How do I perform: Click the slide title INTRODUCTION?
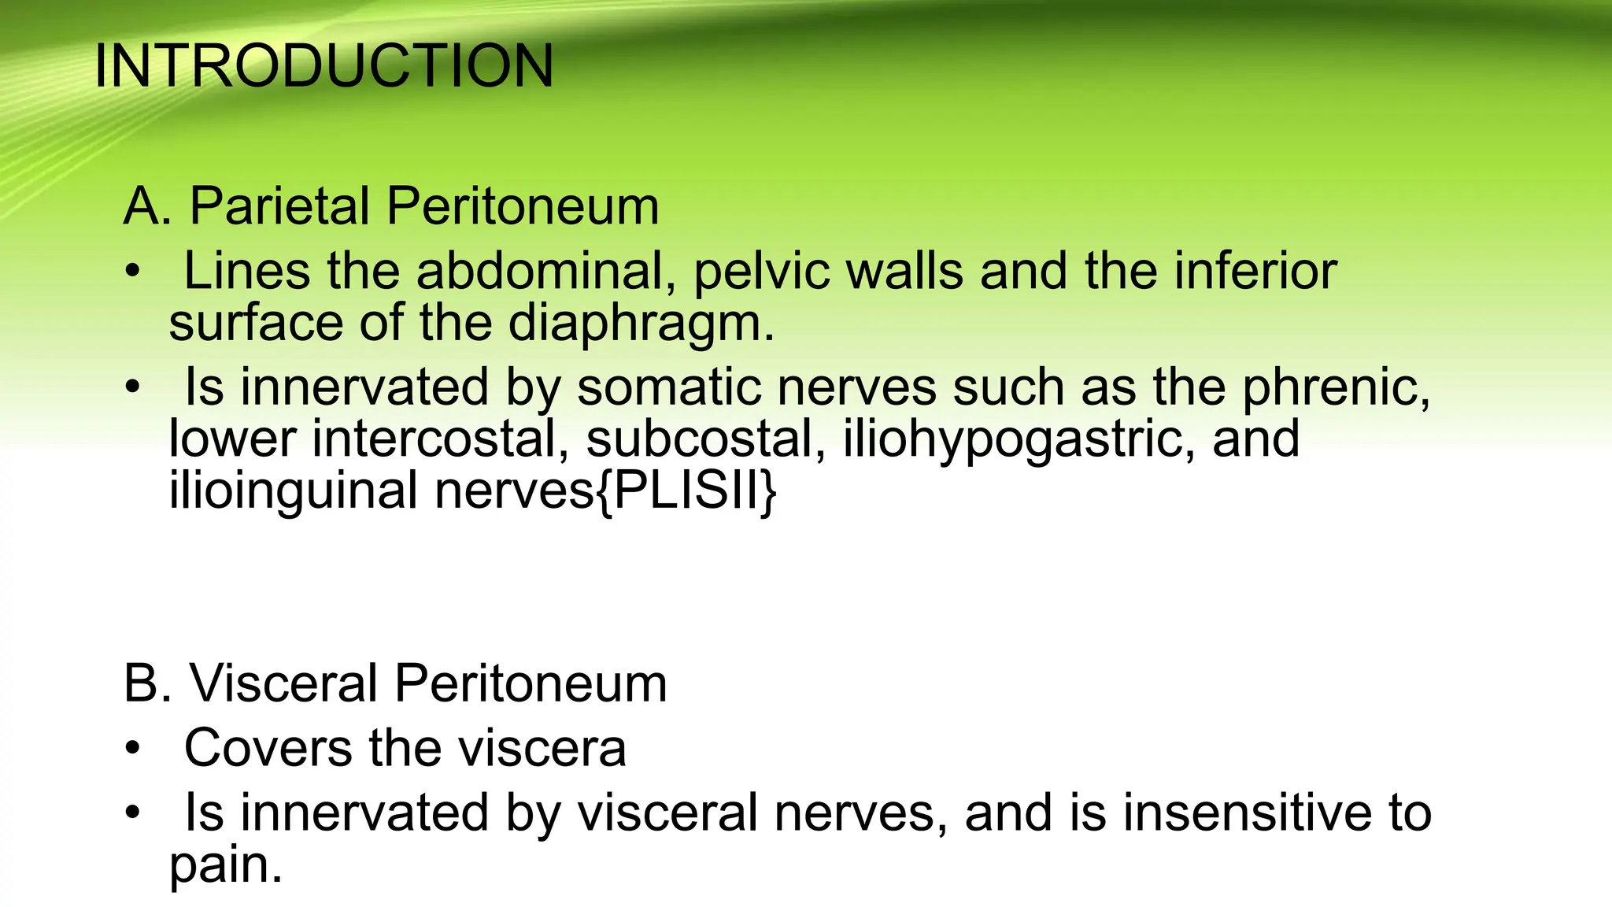[x=324, y=66]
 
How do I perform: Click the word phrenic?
[x=1336, y=387]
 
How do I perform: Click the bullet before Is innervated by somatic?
[x=133, y=389]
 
